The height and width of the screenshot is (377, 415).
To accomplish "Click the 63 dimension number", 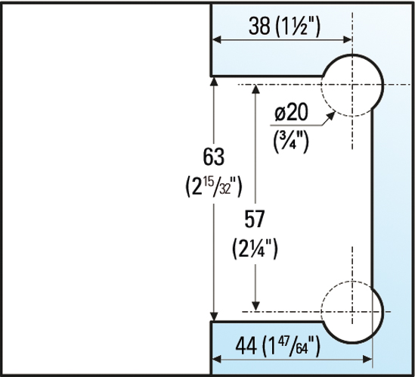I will pyautogui.click(x=215, y=157).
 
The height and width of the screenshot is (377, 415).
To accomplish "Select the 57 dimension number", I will pyautogui.click(x=257, y=220).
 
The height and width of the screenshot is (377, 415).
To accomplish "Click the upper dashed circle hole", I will pyautogui.click(x=351, y=84).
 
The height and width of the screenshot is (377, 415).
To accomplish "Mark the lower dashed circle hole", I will pyautogui.click(x=351, y=310).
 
